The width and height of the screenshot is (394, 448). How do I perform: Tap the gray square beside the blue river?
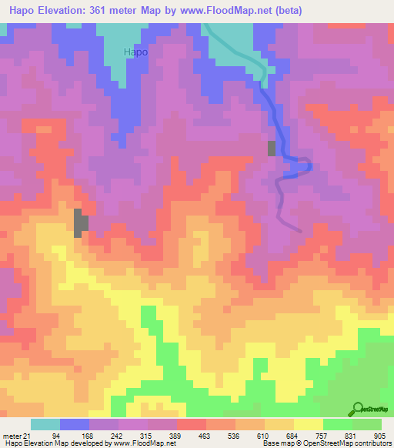tap(272, 149)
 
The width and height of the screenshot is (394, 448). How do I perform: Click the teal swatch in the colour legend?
tap(45, 424)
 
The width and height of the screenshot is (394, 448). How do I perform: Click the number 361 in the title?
tap(116, 11)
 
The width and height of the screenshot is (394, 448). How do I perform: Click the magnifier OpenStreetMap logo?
tap(358, 409)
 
